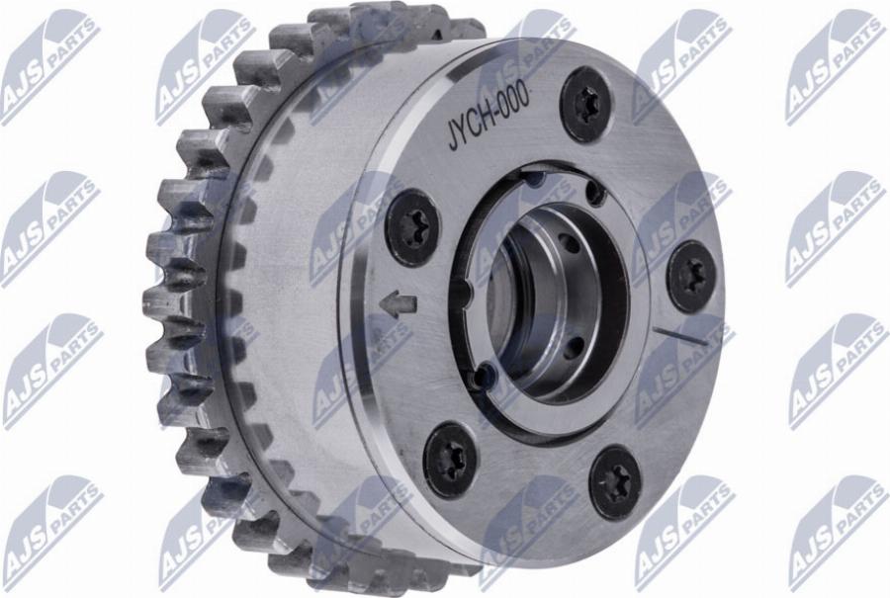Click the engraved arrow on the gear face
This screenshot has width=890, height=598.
click(x=400, y=305)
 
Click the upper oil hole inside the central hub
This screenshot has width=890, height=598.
click(x=565, y=239)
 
